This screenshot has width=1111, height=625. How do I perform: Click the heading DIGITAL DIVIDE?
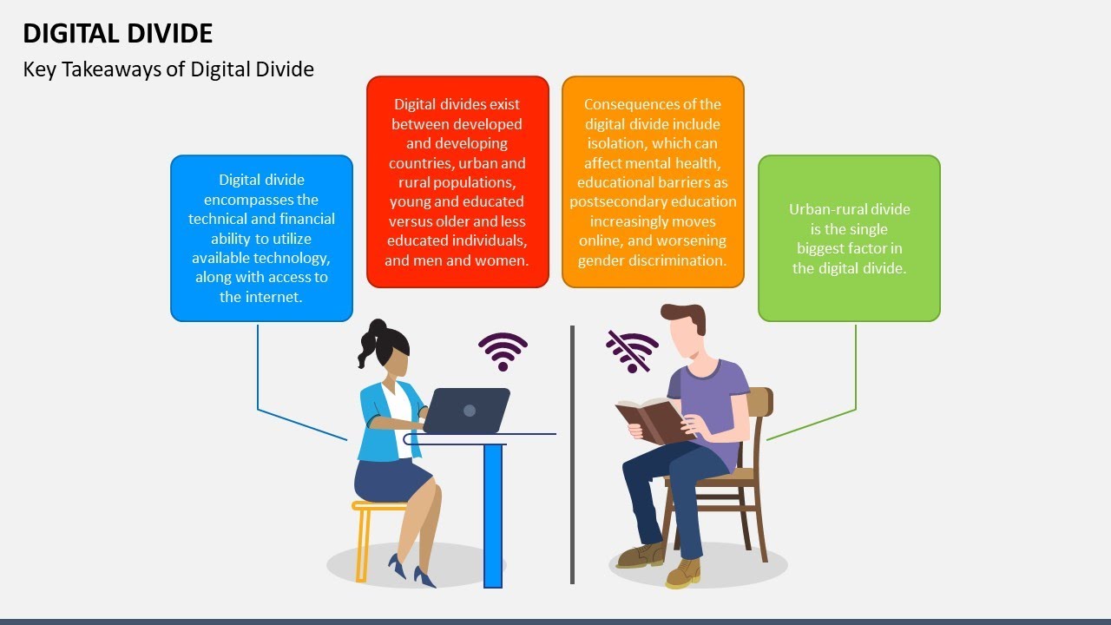pos(117,33)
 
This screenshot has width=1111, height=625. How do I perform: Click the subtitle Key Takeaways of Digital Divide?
pos(168,69)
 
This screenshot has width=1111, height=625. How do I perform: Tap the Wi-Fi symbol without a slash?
pos(503,351)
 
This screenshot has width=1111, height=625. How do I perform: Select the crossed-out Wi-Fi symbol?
pos(632,351)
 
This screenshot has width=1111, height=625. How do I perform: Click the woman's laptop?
pos(466,410)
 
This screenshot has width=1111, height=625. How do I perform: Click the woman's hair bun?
pos(376,328)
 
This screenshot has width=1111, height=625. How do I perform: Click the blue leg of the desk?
pos(493,516)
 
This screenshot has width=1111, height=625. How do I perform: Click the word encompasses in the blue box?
pos(261,200)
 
